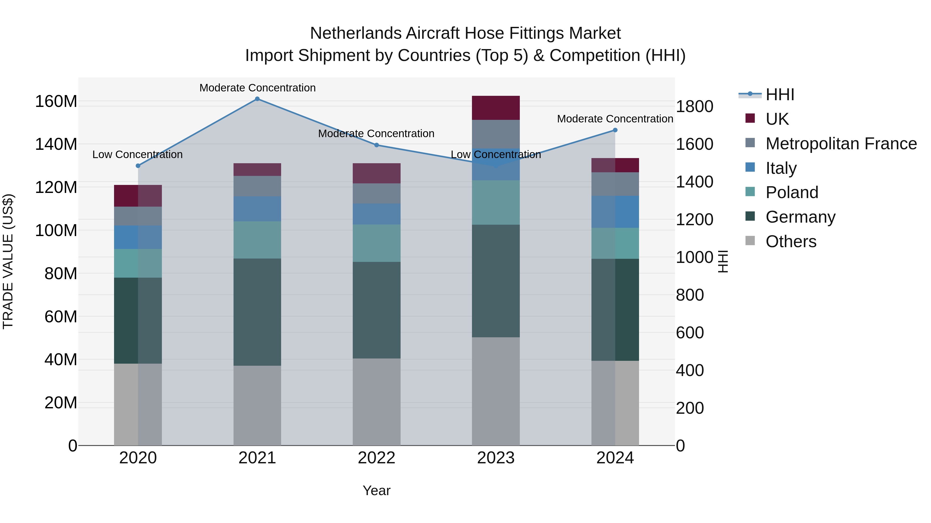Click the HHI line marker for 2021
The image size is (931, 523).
(x=257, y=99)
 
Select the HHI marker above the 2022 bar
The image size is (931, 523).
(x=376, y=145)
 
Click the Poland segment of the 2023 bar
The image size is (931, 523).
(x=495, y=202)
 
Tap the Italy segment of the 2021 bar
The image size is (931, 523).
(x=257, y=209)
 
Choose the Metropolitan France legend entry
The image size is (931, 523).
(x=841, y=144)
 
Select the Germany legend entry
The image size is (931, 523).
(x=800, y=217)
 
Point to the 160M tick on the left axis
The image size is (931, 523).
(x=56, y=102)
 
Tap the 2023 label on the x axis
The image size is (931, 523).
(x=495, y=458)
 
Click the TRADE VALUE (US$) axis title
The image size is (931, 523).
(x=8, y=261)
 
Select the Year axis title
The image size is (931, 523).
(x=376, y=490)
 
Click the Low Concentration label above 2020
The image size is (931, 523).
(x=137, y=154)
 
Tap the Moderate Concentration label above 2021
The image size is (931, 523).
(x=257, y=88)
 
